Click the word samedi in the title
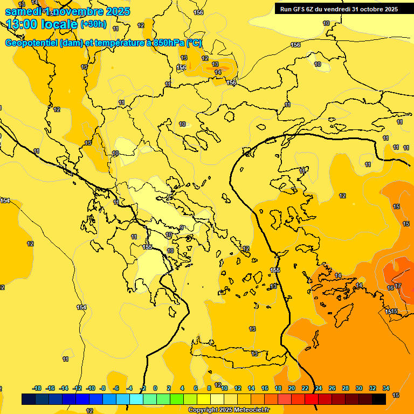point(22,11)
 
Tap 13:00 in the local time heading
point(22,24)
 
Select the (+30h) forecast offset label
point(93,24)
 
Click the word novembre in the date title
point(79,11)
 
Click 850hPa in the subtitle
point(167,43)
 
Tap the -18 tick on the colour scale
point(37,388)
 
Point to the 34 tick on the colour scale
point(385,388)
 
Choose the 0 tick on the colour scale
point(155,388)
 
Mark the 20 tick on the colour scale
point(292,388)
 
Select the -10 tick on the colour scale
point(90,388)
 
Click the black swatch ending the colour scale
point(379,399)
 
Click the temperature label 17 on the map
point(398,286)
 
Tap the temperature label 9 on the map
point(182,227)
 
